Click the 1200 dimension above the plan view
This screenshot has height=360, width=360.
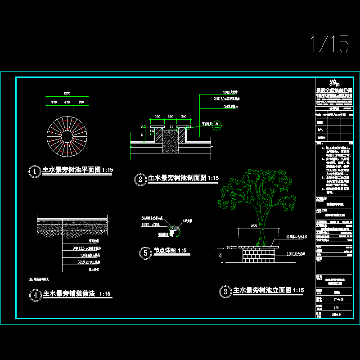click(x=67, y=93)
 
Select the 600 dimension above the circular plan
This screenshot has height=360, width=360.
click(x=67, y=103)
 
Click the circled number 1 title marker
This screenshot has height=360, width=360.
click(x=34, y=171)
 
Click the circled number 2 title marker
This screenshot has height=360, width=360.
click(x=140, y=179)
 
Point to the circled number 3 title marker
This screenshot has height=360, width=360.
click(x=224, y=292)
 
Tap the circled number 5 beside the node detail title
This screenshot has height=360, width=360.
click(x=144, y=253)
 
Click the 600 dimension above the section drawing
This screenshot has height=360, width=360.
click(x=171, y=117)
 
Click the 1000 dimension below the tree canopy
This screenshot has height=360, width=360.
click(x=254, y=225)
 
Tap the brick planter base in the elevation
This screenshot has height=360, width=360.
click(x=258, y=255)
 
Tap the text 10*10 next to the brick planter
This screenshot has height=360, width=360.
click(x=293, y=254)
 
